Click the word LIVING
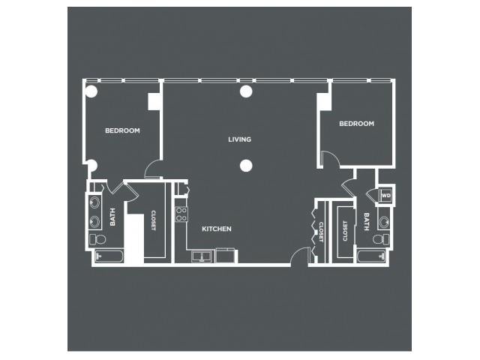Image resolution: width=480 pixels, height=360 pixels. [x=240, y=139]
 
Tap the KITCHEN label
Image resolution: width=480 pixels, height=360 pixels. [x=217, y=229]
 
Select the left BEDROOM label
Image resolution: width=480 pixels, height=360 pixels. [x=122, y=130]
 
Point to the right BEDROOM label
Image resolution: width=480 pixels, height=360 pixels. [x=357, y=123]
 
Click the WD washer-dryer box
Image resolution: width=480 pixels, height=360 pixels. [x=385, y=195]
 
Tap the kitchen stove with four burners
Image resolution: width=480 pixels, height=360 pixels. [x=181, y=214]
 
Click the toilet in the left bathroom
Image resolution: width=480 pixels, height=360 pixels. [x=97, y=239]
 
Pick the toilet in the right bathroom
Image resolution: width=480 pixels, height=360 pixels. [x=381, y=238]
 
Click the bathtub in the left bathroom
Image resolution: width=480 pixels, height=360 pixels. [x=109, y=256]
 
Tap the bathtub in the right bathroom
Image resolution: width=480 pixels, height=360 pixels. [x=371, y=256]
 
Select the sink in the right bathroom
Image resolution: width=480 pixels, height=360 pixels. [x=384, y=221]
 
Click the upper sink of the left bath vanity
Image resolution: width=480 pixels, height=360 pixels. [x=94, y=202]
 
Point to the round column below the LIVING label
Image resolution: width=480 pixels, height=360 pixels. [x=246, y=166]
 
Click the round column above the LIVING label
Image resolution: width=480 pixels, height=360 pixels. [x=246, y=91]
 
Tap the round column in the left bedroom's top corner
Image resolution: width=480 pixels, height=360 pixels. [x=91, y=91]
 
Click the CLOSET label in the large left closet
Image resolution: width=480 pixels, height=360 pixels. [x=153, y=220]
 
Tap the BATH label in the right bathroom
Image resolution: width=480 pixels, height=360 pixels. [x=367, y=222]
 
